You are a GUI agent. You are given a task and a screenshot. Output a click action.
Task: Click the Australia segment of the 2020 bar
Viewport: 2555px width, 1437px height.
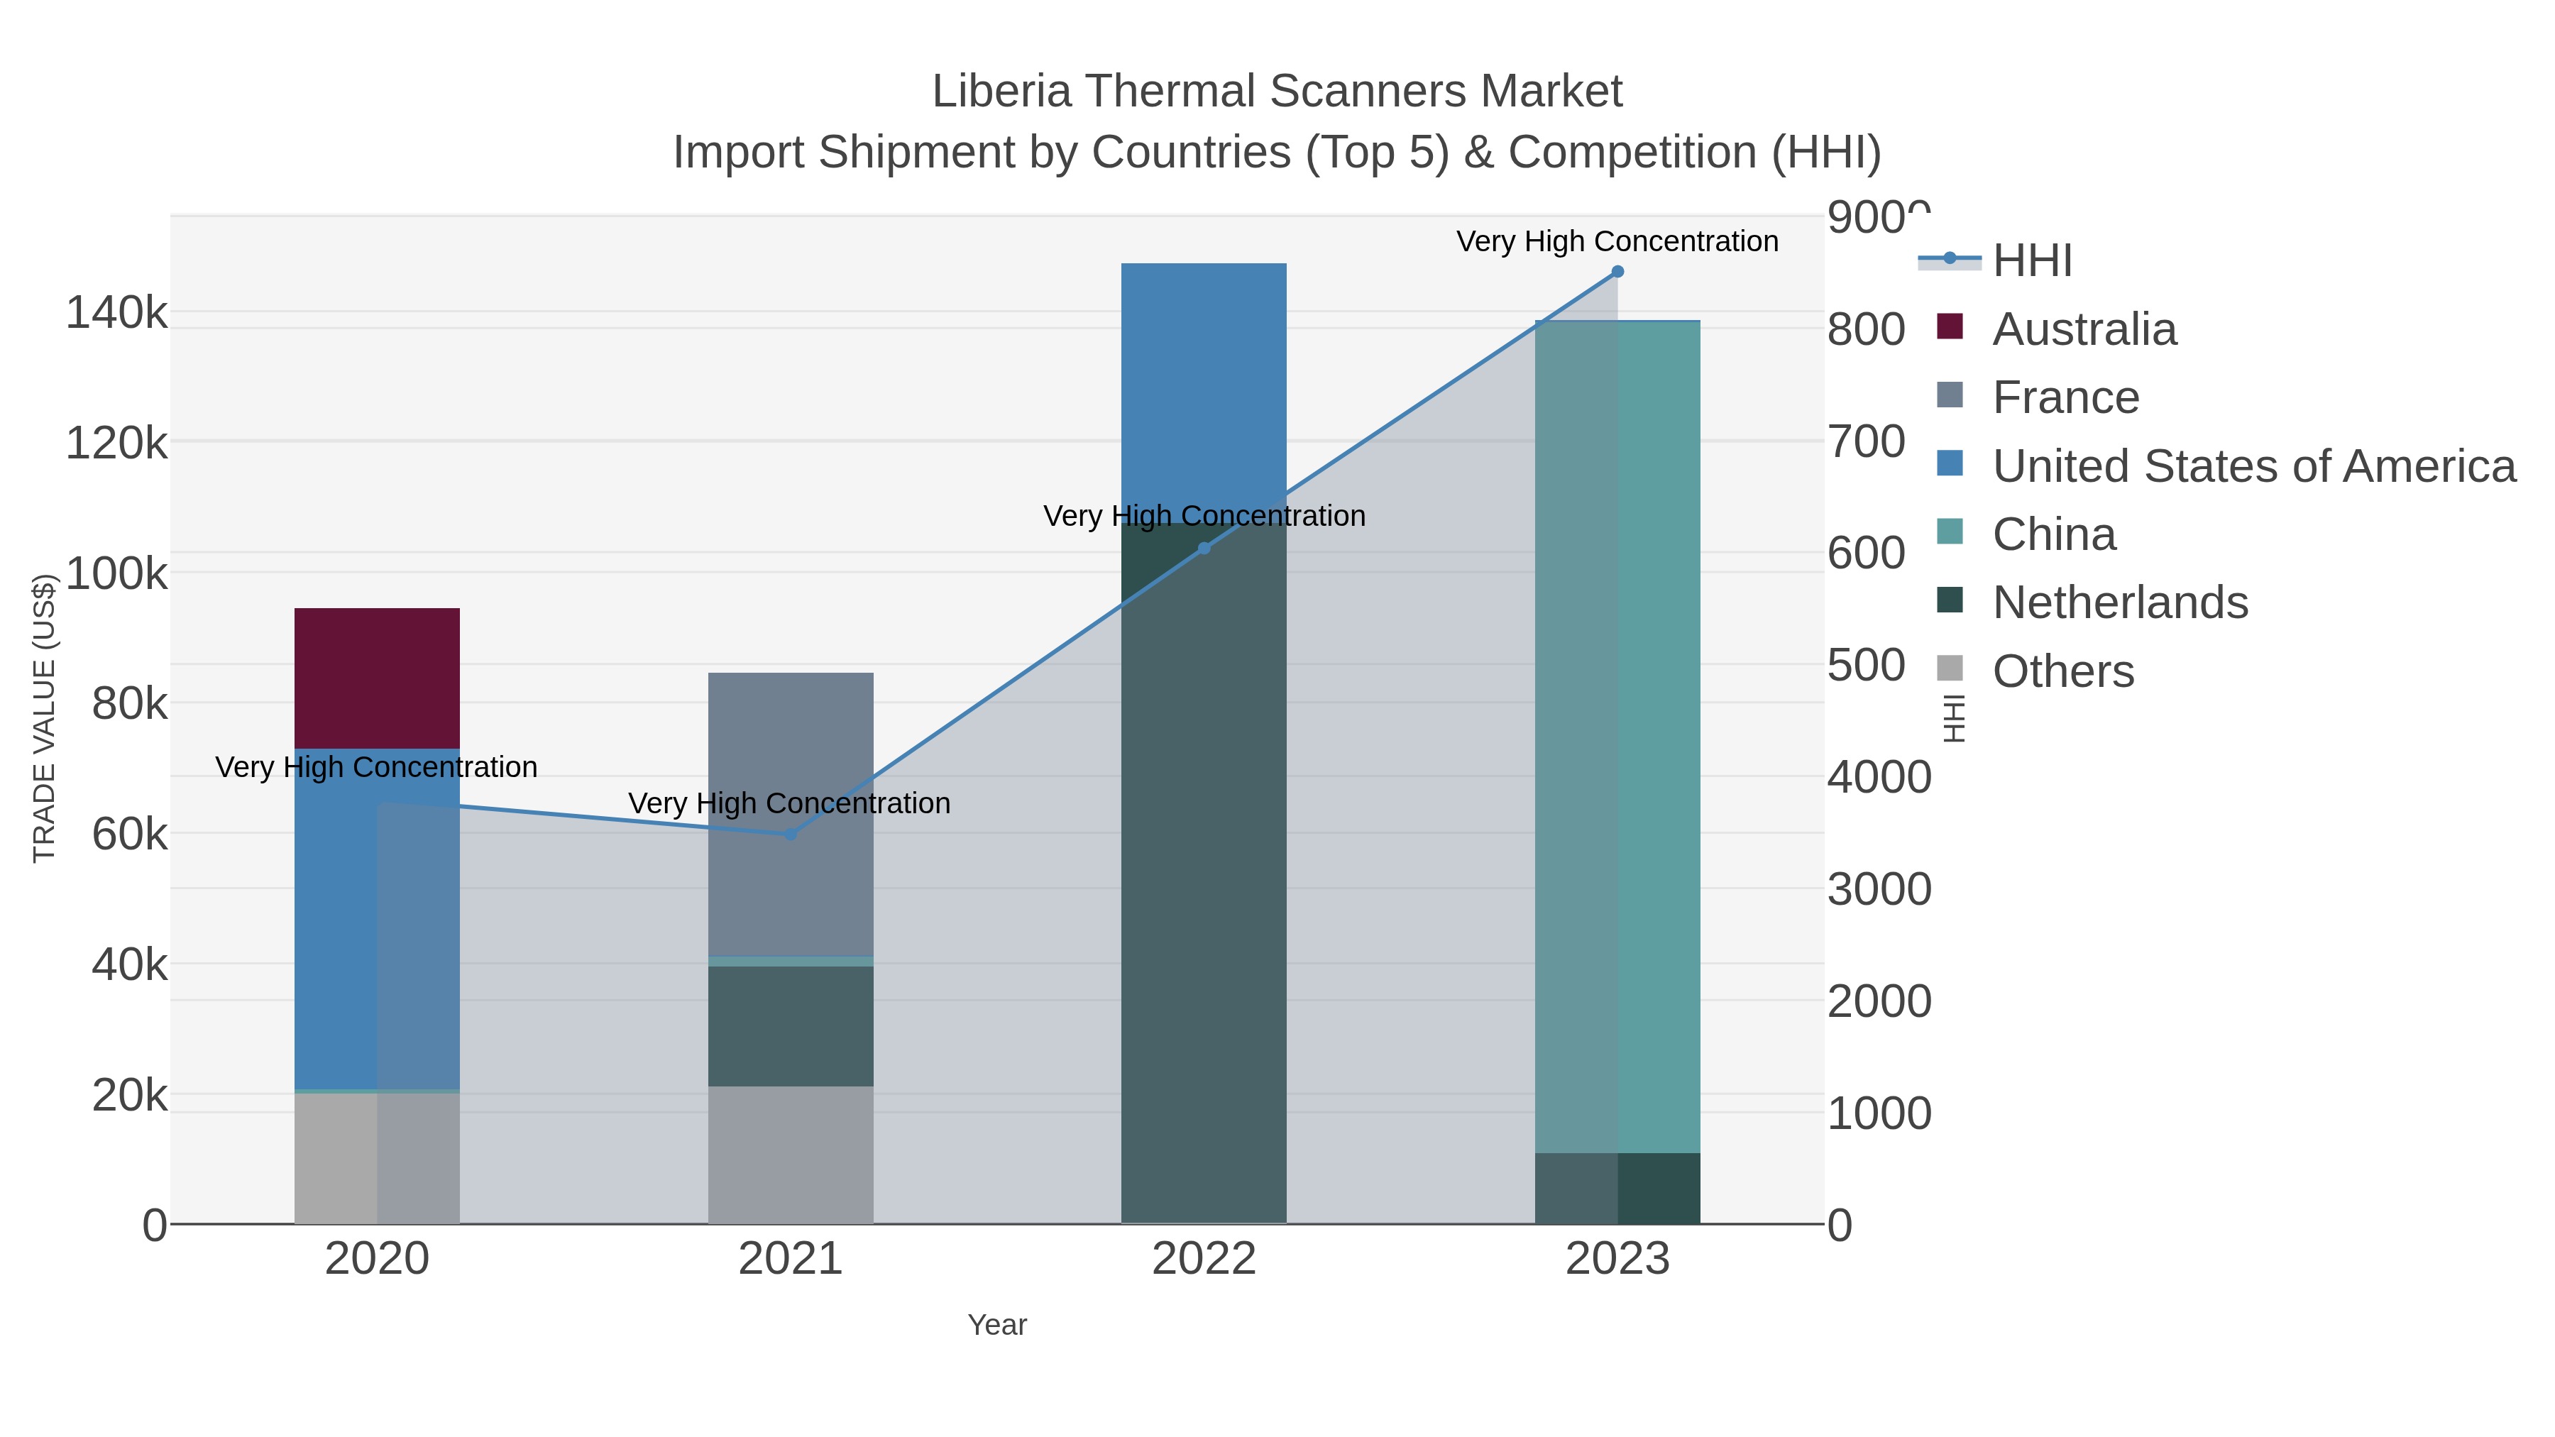click(x=377, y=678)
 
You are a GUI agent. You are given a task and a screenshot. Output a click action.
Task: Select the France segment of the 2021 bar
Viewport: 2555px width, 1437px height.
click(x=791, y=813)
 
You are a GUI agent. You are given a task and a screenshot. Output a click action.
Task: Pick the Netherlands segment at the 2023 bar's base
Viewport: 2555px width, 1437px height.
click(x=1617, y=1188)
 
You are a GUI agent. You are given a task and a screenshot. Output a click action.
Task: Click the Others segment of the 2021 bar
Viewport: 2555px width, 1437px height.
click(x=791, y=1155)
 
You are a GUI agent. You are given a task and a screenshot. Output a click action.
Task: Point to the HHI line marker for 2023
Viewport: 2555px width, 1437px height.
click(x=1617, y=272)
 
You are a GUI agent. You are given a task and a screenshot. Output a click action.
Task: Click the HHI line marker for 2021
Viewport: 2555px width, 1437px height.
click(x=791, y=834)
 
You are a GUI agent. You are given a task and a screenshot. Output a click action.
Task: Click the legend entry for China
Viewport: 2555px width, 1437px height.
click(x=2053, y=534)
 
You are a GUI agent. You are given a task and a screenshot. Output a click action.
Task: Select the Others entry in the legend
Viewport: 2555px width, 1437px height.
click(x=2062, y=671)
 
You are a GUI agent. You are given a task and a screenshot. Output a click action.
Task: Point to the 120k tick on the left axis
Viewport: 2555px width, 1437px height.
click(x=116, y=442)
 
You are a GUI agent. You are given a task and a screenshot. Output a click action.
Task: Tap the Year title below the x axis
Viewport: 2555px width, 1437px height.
click(x=997, y=1325)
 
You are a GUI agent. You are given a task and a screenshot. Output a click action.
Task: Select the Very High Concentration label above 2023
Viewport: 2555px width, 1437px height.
click(x=1617, y=241)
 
